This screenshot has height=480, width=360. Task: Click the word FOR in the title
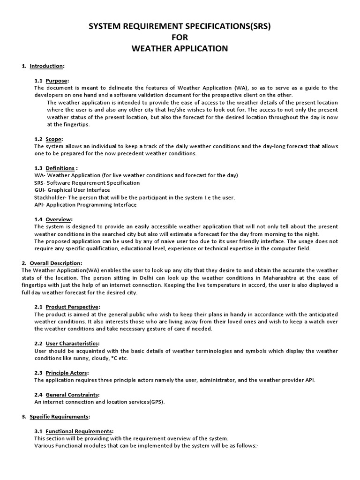tap(180, 37)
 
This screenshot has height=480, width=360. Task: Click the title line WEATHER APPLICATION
tap(180, 49)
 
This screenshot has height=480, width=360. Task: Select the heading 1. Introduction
tap(43, 66)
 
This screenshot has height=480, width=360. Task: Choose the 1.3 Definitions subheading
tap(56, 168)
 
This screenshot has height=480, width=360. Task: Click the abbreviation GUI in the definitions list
tap(39, 190)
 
